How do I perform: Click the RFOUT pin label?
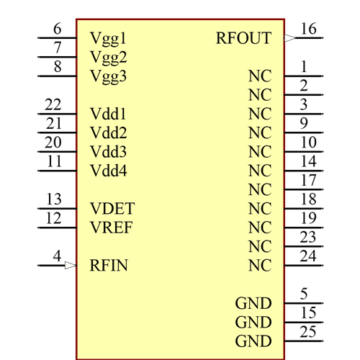click(243, 38)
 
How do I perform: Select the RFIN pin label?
click(109, 266)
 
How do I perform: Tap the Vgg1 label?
click(109, 38)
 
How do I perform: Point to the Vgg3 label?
click(109, 76)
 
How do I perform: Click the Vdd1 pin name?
click(109, 114)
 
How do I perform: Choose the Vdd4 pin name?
click(109, 171)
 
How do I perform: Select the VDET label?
click(112, 209)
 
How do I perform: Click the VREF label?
click(112, 228)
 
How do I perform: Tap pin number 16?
click(308, 29)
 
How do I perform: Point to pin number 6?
click(58, 29)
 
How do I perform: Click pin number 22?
click(53, 104)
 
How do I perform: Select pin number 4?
click(58, 256)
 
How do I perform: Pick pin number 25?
click(308, 331)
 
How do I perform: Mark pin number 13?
click(53, 199)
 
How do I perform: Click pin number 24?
click(308, 256)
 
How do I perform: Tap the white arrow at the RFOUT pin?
click(290, 38)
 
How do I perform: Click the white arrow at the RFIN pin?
click(70, 266)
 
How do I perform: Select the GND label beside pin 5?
click(253, 303)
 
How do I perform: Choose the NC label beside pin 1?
click(259, 76)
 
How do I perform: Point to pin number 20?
click(53, 143)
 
